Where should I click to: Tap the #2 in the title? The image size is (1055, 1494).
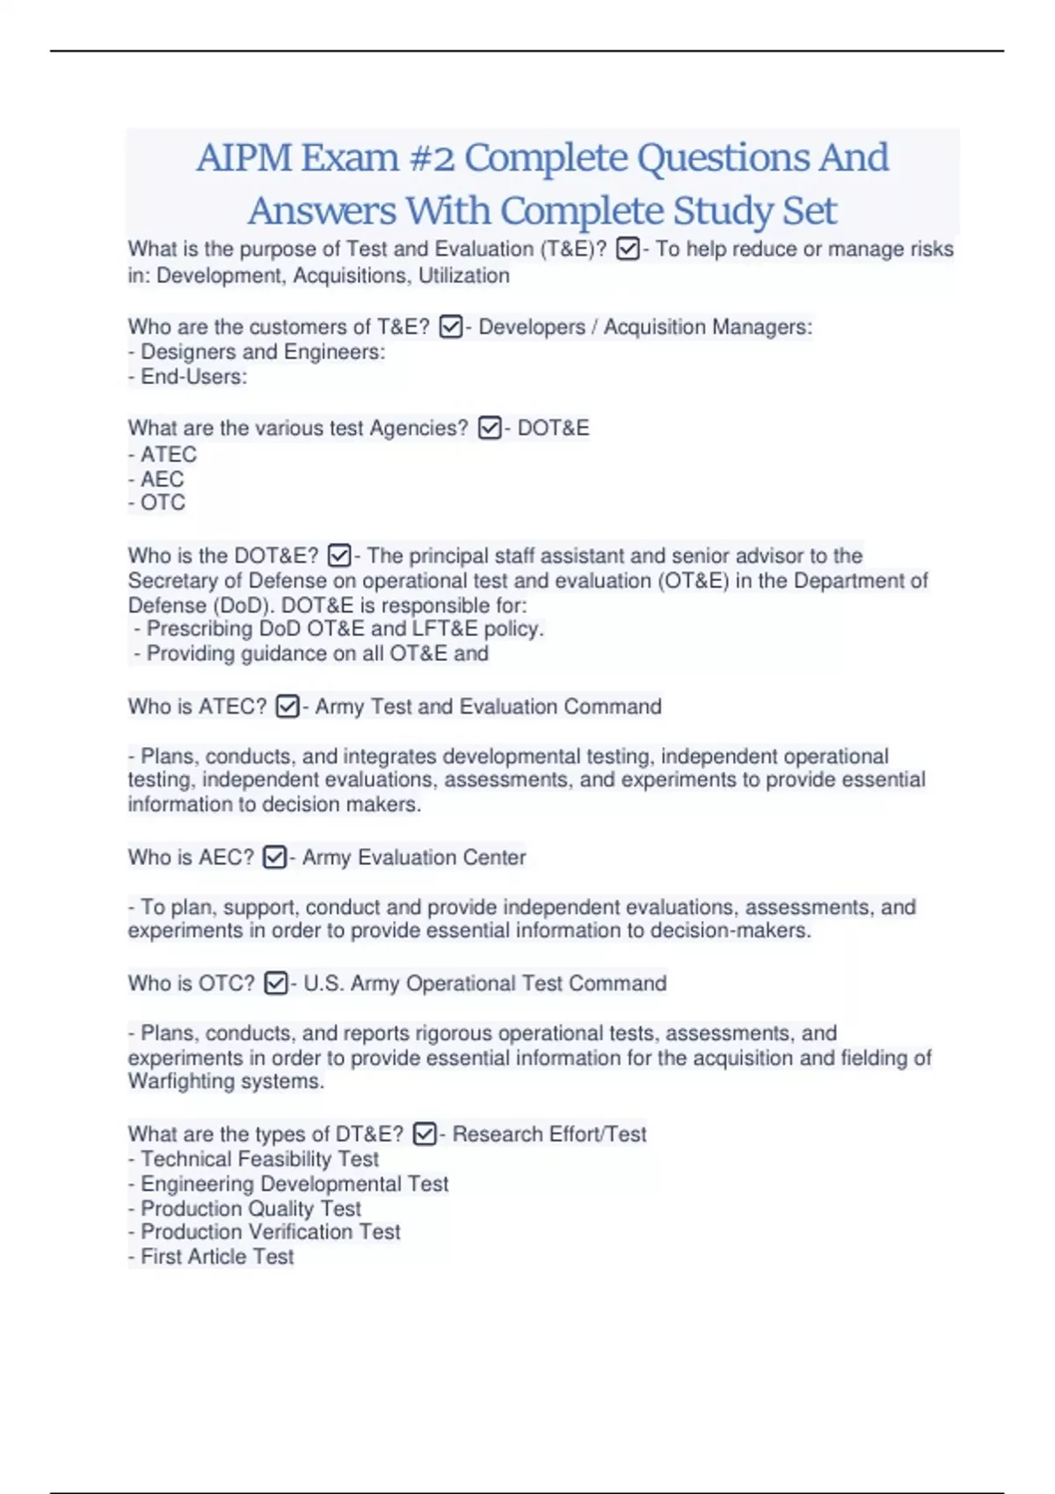point(432,158)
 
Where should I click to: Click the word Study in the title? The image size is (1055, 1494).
point(724,211)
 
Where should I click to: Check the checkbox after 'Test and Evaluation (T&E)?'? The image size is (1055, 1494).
point(628,250)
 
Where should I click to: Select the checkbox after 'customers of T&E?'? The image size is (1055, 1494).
point(450,328)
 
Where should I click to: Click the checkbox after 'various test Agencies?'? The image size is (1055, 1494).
point(490,428)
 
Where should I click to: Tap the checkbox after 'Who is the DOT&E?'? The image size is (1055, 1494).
point(339,556)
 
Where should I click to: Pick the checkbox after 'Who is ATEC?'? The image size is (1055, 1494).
point(287,707)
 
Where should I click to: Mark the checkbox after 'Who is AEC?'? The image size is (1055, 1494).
point(274,857)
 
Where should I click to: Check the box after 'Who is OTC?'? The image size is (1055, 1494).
point(275,983)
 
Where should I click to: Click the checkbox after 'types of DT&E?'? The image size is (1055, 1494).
point(425,1135)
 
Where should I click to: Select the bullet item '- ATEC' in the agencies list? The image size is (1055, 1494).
point(164,454)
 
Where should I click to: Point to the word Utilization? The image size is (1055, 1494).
point(463,276)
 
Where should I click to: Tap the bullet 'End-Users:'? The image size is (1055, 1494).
point(189,377)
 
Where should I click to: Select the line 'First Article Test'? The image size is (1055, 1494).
point(213,1257)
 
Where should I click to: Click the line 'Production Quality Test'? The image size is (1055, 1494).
point(246,1208)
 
